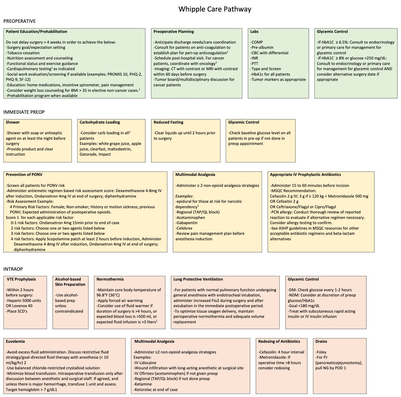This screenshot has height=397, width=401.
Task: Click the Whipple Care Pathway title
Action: [215, 9]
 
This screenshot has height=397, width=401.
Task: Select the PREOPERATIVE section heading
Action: [19, 21]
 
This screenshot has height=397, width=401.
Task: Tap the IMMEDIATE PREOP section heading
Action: [24, 112]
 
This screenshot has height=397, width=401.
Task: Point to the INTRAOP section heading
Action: [13, 269]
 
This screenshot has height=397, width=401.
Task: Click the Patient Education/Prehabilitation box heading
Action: [36, 32]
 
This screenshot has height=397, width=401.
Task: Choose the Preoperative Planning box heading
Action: [173, 32]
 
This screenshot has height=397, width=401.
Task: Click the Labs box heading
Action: [254, 32]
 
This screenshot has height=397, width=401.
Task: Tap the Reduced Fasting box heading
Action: [168, 122]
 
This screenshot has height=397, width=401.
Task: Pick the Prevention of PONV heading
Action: [24, 174]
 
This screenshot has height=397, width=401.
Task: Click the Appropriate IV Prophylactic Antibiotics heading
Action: [305, 174]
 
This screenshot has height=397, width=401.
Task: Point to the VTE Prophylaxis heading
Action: [21, 279]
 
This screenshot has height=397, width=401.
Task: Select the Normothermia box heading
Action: [110, 279]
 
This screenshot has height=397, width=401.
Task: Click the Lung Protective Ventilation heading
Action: [198, 279]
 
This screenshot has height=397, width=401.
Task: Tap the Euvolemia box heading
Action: [15, 342]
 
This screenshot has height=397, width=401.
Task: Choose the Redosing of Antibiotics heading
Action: [279, 342]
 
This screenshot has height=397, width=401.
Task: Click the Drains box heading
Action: [321, 342]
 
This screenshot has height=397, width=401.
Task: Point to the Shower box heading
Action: [13, 122]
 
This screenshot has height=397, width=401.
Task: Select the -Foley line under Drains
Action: [321, 352]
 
